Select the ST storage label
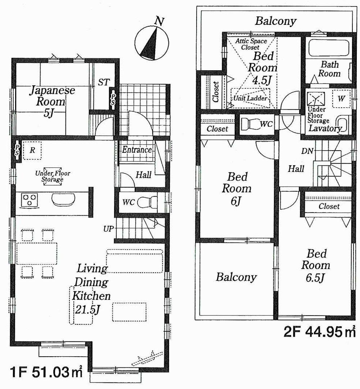103,82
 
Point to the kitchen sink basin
64,200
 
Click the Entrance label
136,149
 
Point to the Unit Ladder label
251,98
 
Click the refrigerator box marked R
32,151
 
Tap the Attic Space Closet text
251,44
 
